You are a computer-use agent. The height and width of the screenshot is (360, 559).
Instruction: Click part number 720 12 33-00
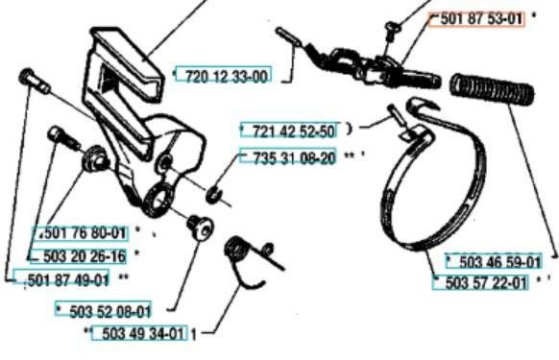click(x=226, y=76)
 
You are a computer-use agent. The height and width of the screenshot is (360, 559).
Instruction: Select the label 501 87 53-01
click(x=481, y=18)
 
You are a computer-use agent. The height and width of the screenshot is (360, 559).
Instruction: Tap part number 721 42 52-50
click(x=294, y=131)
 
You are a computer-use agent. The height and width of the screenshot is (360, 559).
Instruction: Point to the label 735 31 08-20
click(x=294, y=157)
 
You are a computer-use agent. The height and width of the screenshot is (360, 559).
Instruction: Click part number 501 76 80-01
click(x=85, y=233)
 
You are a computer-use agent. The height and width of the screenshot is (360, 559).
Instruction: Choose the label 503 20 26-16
click(x=85, y=256)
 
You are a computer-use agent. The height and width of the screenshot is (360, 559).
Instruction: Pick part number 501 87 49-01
click(x=68, y=279)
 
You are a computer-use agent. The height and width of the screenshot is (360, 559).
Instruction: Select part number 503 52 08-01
click(x=109, y=312)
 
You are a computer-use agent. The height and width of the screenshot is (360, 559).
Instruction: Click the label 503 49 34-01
click(x=143, y=334)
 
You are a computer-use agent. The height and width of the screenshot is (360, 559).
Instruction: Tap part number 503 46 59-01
click(x=499, y=262)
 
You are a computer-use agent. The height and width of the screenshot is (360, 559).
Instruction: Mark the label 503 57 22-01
click(x=486, y=283)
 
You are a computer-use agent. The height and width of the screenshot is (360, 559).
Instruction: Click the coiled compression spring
click(x=493, y=89)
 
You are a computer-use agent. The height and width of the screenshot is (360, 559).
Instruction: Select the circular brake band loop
click(x=433, y=185)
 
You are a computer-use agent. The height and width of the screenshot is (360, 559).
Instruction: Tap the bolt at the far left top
click(x=34, y=82)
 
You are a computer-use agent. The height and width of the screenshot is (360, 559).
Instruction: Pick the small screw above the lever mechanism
click(x=393, y=29)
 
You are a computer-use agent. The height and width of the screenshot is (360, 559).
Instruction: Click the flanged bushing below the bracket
click(x=201, y=228)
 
